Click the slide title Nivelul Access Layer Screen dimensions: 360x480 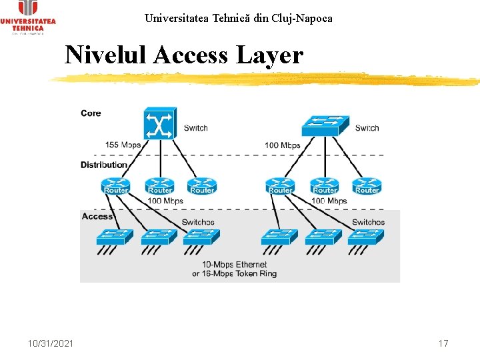coord(183,55)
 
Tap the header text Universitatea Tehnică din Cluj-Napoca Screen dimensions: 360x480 coord(238,18)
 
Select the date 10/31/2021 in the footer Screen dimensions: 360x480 coord(51,343)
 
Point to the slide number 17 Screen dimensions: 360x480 coord(443,343)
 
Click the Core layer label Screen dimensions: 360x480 coord(91,113)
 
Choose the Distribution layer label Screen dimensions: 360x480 coord(103,165)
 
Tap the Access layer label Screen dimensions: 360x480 coord(97,217)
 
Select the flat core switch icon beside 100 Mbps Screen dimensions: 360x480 coord(325,125)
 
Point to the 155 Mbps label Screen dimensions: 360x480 coord(123,145)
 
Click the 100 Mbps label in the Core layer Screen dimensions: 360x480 coord(282,145)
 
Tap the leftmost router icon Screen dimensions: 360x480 coord(116,185)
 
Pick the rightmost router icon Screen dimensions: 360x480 coord(367,185)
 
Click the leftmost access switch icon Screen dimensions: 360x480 coord(115,237)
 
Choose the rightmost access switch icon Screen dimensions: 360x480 coord(365,237)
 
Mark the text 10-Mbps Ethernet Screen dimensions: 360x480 coord(235,265)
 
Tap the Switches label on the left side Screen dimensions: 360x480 coord(198,222)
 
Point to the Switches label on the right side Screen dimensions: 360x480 coord(368,222)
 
